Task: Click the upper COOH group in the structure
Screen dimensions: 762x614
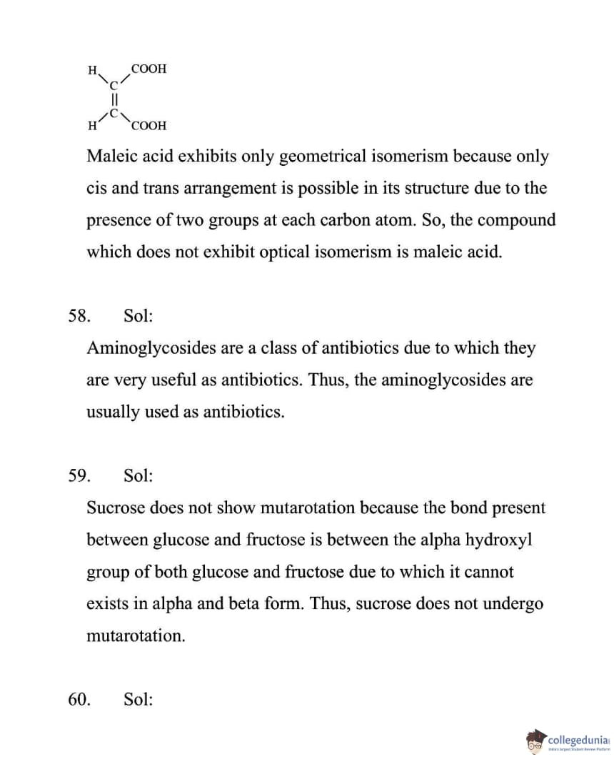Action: (149, 69)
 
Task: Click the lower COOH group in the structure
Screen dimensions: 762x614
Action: (149, 126)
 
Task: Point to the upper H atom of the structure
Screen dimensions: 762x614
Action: (92, 70)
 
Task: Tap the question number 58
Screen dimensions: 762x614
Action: (79, 315)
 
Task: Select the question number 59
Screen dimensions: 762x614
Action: (79, 475)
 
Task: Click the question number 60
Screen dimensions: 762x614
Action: (79, 699)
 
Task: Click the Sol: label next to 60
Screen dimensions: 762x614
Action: (138, 699)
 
